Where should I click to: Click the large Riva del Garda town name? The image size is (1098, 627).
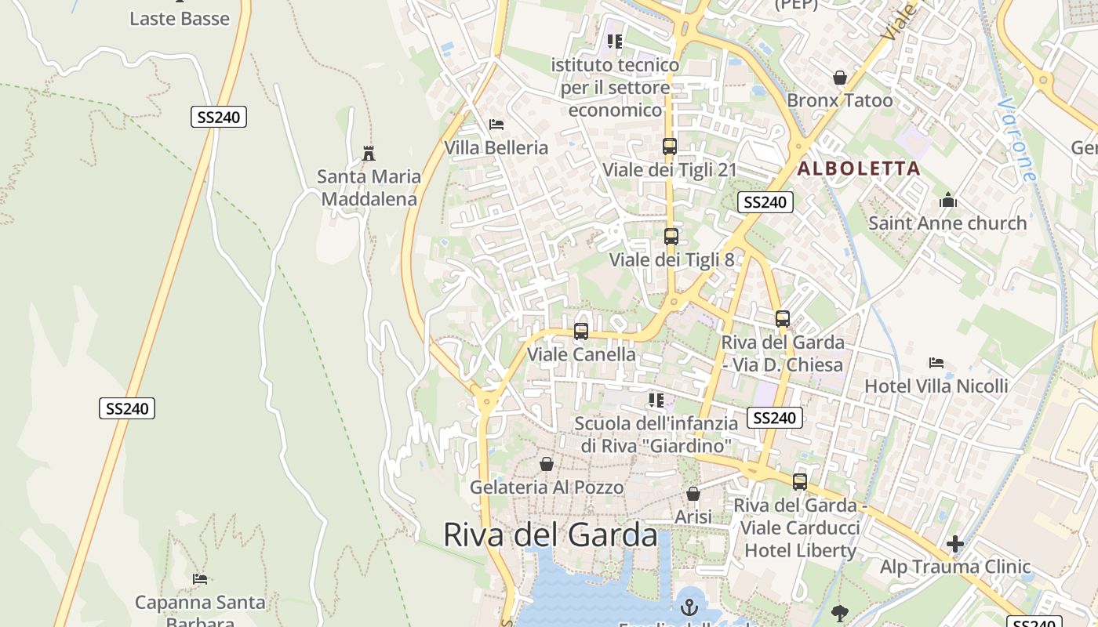point(550,535)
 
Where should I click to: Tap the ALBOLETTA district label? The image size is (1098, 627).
point(859,169)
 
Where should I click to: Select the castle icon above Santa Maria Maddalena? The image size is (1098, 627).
point(369,153)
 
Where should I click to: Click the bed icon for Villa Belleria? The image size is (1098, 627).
point(496,124)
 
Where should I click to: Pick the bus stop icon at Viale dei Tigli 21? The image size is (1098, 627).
point(669,147)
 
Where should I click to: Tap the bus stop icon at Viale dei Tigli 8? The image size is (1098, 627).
point(671,236)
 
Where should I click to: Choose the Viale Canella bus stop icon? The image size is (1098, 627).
point(581,332)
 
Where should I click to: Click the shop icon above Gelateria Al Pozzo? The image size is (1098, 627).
point(547,465)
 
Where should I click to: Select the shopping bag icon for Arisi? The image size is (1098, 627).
point(693,494)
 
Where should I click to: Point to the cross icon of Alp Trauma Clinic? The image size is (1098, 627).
point(954,544)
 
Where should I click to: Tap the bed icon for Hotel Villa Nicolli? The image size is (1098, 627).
point(936,363)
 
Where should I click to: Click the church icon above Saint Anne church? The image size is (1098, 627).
point(947,200)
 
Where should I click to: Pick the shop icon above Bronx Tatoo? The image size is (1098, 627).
point(839,78)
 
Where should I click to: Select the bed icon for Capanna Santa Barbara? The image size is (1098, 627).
point(200,579)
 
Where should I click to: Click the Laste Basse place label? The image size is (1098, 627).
point(180,19)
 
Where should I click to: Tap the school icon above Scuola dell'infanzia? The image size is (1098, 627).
point(656,400)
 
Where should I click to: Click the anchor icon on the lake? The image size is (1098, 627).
point(689,607)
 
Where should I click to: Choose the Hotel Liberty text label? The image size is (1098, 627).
point(800,550)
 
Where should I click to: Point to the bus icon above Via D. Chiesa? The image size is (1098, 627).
point(782,319)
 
